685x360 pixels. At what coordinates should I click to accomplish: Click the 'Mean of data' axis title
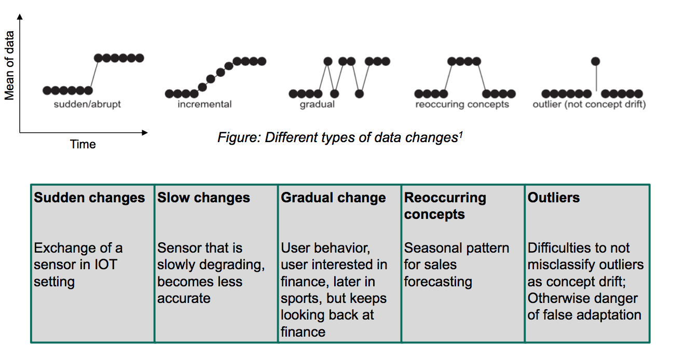tap(9, 65)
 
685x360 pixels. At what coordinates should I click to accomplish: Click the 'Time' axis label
tap(83, 144)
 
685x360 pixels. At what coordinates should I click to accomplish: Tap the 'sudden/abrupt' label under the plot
tap(87, 104)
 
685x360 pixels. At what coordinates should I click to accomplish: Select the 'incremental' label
tap(204, 104)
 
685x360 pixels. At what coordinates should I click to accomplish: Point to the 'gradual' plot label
tap(317, 104)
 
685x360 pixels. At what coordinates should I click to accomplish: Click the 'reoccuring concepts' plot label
tap(462, 104)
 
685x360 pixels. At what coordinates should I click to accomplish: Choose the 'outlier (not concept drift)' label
tap(590, 104)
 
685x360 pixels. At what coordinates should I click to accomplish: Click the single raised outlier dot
tap(595, 61)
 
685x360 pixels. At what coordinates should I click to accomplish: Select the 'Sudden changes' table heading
tap(89, 198)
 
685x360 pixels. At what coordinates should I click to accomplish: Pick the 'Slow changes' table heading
tap(203, 198)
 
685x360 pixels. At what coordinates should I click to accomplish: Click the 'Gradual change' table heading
tap(333, 198)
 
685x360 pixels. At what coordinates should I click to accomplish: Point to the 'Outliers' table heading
tap(554, 198)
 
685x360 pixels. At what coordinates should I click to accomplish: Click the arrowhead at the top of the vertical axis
tap(20, 17)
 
